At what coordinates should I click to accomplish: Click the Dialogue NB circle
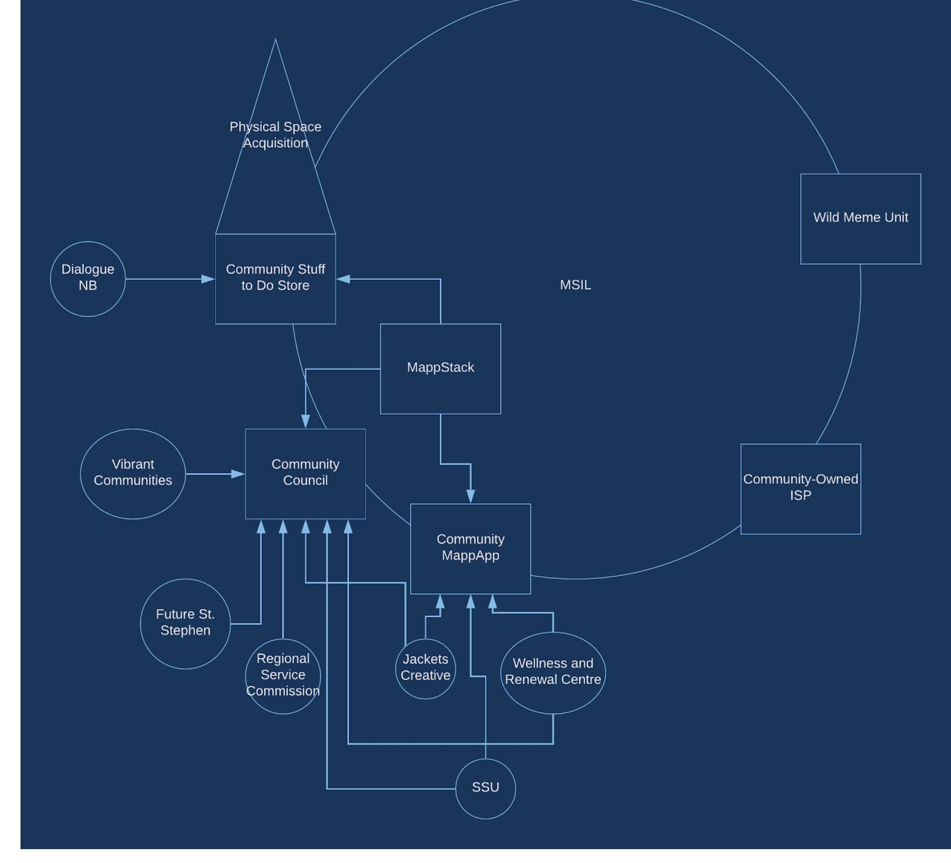click(x=88, y=279)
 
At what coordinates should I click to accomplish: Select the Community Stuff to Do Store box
click(x=275, y=279)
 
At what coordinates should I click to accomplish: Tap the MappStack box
click(x=440, y=368)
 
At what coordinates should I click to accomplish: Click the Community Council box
click(x=305, y=473)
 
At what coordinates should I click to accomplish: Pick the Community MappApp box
click(x=470, y=548)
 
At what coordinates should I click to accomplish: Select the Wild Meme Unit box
click(x=860, y=218)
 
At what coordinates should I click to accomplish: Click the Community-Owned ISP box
click(x=800, y=489)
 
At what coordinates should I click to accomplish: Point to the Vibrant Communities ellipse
click(x=133, y=473)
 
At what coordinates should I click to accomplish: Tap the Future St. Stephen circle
click(x=185, y=623)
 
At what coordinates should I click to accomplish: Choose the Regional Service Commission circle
click(x=283, y=676)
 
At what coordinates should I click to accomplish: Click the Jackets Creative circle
click(x=425, y=668)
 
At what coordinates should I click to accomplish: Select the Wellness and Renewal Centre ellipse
click(x=553, y=672)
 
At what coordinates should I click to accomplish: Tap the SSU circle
click(x=486, y=788)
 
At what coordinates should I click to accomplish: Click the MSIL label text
click(x=575, y=285)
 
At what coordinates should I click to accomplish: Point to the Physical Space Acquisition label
click(x=275, y=135)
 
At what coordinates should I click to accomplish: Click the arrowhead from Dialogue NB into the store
click(x=209, y=279)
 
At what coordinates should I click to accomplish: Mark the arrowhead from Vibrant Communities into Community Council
click(x=238, y=474)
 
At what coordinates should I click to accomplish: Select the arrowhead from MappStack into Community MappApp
click(x=471, y=497)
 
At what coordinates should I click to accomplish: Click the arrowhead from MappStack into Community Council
click(x=306, y=422)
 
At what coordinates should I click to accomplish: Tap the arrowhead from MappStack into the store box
click(x=342, y=279)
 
